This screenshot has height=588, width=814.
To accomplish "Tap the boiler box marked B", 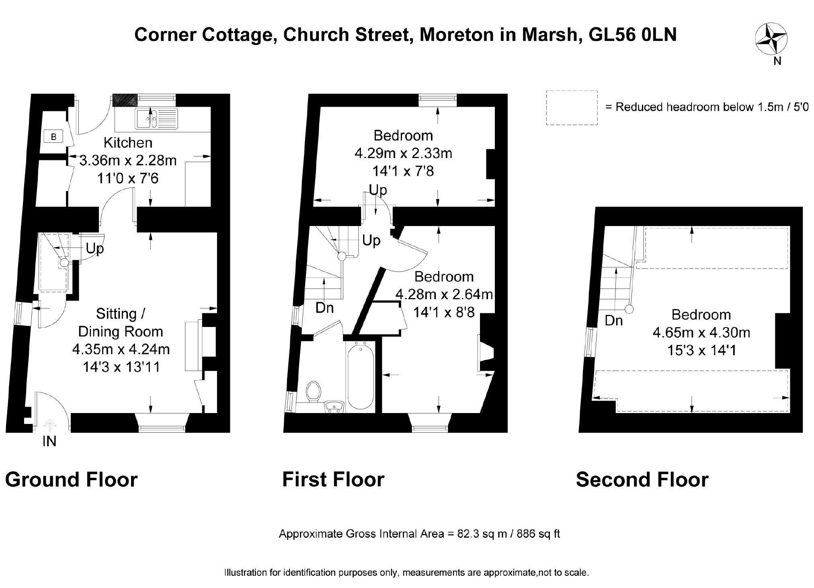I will (x=53, y=137).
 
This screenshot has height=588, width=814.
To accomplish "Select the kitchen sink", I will (x=156, y=118).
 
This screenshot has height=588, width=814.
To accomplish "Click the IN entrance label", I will (x=49, y=441).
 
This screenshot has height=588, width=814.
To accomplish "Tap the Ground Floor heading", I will (x=71, y=479).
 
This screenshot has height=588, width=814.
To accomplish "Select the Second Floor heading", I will (x=642, y=479).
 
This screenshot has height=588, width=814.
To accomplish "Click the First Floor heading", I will (x=333, y=479).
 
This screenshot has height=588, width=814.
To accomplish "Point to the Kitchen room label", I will (x=128, y=143).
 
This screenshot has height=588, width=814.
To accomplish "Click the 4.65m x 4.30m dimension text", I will (x=701, y=333).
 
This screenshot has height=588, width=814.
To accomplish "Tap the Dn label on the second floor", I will (x=614, y=321).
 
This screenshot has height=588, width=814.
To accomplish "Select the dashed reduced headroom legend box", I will (x=571, y=107).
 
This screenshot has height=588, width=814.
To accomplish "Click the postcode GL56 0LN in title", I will (x=632, y=35).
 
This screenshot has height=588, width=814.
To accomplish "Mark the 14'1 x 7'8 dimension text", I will (x=403, y=171).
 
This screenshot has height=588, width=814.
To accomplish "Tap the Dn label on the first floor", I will (x=324, y=308).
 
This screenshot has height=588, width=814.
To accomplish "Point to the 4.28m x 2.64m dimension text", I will (x=444, y=294).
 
